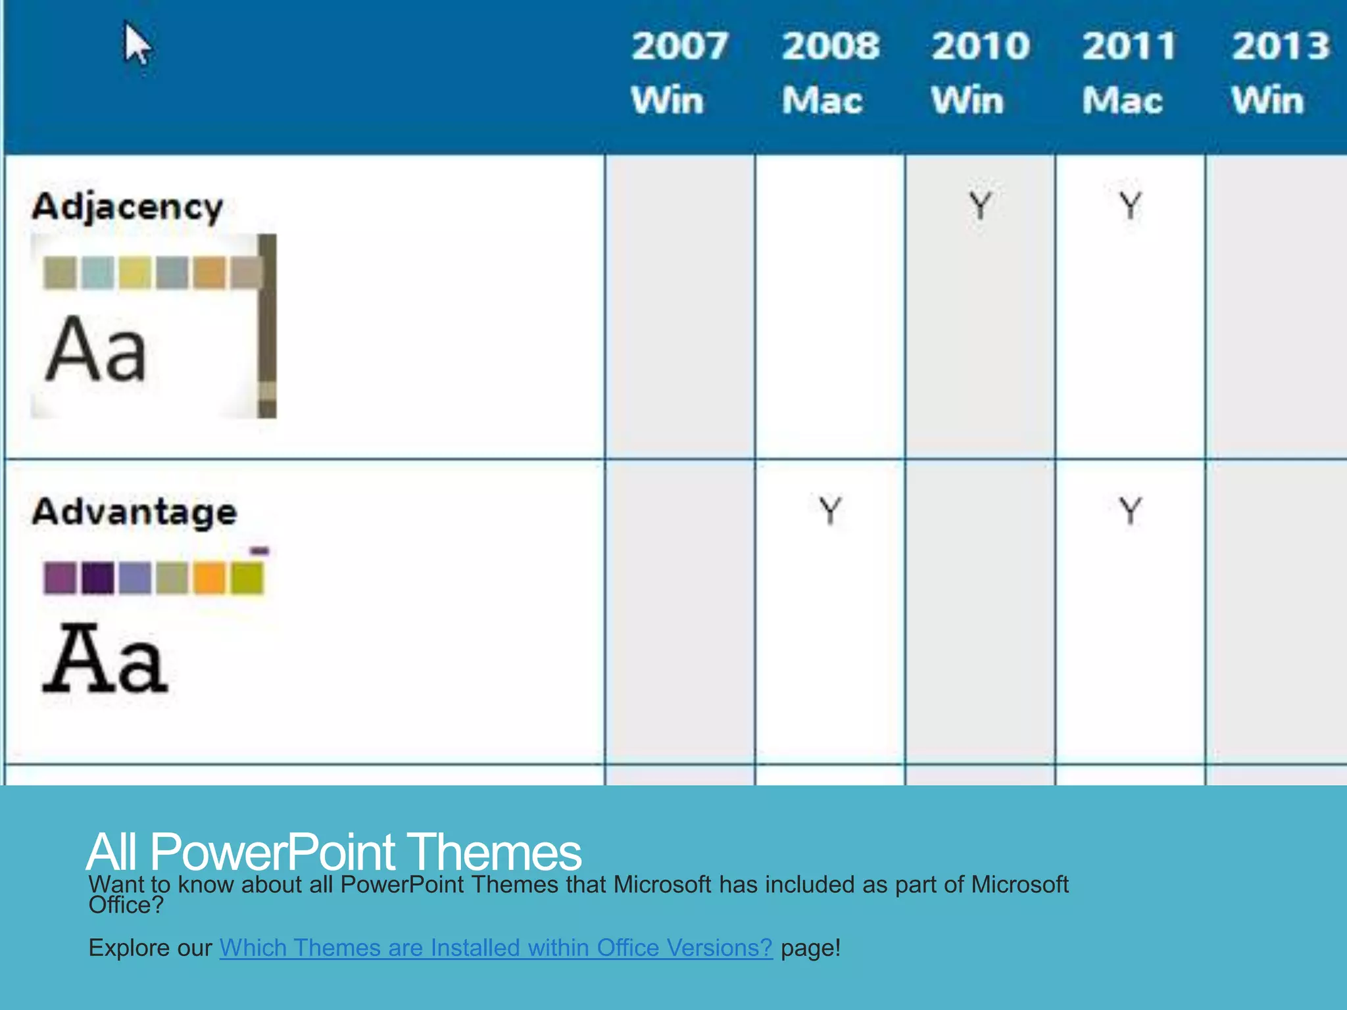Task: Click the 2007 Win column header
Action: (679, 72)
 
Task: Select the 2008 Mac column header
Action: (829, 72)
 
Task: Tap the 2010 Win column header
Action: (979, 72)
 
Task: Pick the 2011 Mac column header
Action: (1129, 72)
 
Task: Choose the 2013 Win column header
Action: (1279, 72)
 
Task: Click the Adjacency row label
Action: (128, 207)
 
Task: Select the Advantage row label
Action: (134, 512)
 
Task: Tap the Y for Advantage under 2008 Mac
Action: (830, 511)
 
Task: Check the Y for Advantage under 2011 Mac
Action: (1130, 511)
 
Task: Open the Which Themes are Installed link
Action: (496, 948)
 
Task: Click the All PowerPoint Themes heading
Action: (333, 852)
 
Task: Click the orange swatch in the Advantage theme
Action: (210, 578)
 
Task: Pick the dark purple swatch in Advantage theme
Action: (97, 578)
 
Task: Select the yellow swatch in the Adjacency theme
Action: (135, 273)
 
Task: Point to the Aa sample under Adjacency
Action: (96, 349)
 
